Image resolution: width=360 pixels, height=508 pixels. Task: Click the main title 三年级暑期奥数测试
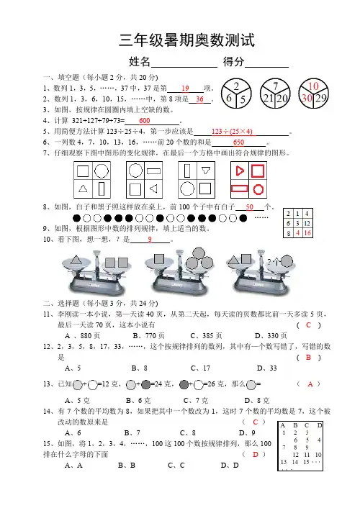point(186,40)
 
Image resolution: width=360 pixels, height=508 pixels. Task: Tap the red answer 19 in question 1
point(185,88)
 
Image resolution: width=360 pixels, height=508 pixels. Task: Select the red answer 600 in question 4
point(144,121)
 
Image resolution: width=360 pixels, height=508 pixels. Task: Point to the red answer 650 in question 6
point(238,142)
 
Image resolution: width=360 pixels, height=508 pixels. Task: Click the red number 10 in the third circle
point(313,86)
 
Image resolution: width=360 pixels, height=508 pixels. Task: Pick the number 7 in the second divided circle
point(275,86)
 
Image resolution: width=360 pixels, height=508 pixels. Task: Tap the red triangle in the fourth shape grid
point(240,171)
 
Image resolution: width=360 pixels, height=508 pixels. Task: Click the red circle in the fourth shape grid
point(258,189)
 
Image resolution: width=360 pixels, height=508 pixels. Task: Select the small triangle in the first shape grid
point(83,189)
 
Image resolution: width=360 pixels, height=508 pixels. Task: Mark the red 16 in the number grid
point(307,233)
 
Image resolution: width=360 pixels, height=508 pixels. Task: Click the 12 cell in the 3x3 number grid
point(307,223)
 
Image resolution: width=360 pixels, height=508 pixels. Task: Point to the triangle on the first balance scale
point(76,260)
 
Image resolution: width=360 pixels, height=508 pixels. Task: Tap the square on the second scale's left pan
point(159,259)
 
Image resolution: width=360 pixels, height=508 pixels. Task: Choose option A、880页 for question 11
point(82,335)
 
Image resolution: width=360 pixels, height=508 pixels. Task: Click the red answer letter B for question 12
point(308,358)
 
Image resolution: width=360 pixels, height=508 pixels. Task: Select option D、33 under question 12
point(267,368)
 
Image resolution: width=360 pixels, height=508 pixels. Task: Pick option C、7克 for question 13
point(196,401)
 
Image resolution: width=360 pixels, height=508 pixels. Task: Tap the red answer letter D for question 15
point(256,455)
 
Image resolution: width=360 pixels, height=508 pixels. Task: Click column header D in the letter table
point(320,425)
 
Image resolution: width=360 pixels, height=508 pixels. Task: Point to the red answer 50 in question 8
point(249,207)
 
